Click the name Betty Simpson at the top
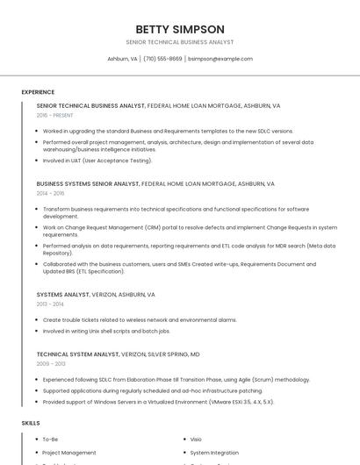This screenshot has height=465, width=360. (180, 29)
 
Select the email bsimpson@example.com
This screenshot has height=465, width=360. (220, 59)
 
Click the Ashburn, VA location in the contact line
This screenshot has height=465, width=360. (122, 59)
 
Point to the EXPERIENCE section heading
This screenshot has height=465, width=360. (38, 92)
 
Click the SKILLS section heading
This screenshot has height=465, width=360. (31, 423)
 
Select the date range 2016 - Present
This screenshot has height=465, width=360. (54, 115)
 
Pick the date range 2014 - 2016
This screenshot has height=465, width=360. (50, 193)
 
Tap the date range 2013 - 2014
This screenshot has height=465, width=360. (50, 304)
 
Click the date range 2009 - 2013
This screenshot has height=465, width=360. (51, 363)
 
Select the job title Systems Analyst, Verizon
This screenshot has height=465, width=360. (96, 295)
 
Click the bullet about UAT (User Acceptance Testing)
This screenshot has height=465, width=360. (97, 161)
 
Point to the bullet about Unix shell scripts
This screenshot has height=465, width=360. (106, 332)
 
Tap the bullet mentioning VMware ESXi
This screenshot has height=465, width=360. (158, 402)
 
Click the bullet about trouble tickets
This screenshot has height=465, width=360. (140, 320)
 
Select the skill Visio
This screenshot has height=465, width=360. (196, 439)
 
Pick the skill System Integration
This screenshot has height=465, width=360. (214, 453)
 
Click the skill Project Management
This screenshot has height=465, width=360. (69, 453)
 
